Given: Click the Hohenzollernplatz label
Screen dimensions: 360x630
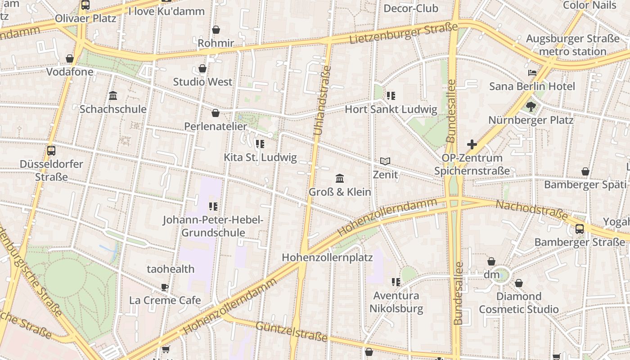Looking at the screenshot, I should coord(327,258).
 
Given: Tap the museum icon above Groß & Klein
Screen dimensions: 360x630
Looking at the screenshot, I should coord(340,179).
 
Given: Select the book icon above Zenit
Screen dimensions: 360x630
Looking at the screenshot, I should coord(385,161).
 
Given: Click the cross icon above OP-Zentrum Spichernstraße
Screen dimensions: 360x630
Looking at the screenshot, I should coord(472,144).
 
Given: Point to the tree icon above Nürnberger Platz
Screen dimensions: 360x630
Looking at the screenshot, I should coord(531,107).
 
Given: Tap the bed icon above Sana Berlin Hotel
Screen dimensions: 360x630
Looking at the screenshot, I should coord(532,73).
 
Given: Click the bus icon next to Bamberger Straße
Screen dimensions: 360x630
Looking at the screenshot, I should coord(580,229).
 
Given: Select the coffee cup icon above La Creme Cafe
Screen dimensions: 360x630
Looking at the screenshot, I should coord(165,287).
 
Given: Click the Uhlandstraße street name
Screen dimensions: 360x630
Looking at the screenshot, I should coord(322,101).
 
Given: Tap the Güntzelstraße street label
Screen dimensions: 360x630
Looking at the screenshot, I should coord(291,331).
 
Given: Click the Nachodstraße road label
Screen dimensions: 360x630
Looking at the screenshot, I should coord(531,210).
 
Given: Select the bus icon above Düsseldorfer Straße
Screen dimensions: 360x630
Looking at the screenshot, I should coord(51,151).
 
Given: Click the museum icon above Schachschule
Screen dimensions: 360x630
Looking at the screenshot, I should coord(113,96).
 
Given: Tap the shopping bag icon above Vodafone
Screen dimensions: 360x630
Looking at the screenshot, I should coord(70,58).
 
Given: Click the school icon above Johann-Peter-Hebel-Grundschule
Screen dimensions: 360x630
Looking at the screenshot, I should coord(213,207).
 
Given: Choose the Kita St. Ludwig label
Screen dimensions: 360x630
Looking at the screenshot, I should coord(260,157).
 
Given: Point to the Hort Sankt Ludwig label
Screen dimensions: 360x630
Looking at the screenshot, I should coord(391,109).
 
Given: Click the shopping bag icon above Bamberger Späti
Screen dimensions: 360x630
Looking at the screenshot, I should coord(585,171).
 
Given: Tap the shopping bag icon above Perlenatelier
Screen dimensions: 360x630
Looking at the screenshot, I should coord(216,113).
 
